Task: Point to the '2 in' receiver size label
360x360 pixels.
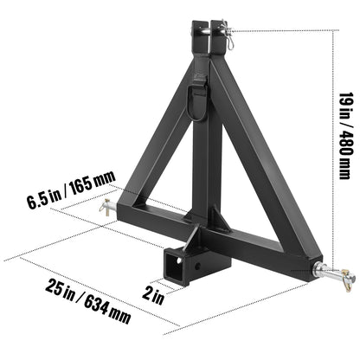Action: point(153,296)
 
